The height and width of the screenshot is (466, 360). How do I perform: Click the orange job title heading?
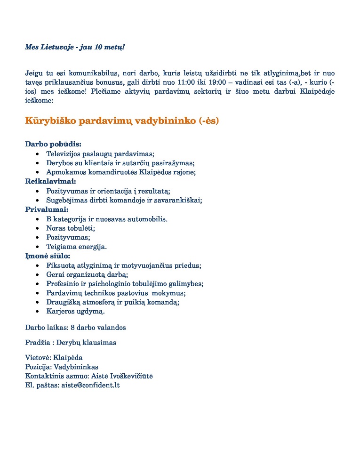coord(122,121)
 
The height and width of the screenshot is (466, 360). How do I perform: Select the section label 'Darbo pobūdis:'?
coord(53,144)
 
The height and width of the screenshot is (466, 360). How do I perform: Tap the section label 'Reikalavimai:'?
coord(50,181)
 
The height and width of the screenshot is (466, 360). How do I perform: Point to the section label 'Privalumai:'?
coord(47,209)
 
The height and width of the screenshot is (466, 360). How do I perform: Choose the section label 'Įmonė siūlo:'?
coord(48,256)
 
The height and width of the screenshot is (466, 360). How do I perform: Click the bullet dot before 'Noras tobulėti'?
coord(37,228)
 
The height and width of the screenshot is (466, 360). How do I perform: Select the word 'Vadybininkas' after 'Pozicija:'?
coord(76,367)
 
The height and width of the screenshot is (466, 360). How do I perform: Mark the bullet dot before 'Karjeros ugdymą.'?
coord(37,312)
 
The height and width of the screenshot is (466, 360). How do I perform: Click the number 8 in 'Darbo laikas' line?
coord(72,327)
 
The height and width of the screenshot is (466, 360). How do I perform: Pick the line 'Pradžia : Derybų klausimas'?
coord(71,342)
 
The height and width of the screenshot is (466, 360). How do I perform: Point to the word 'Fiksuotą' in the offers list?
coord(60,265)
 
